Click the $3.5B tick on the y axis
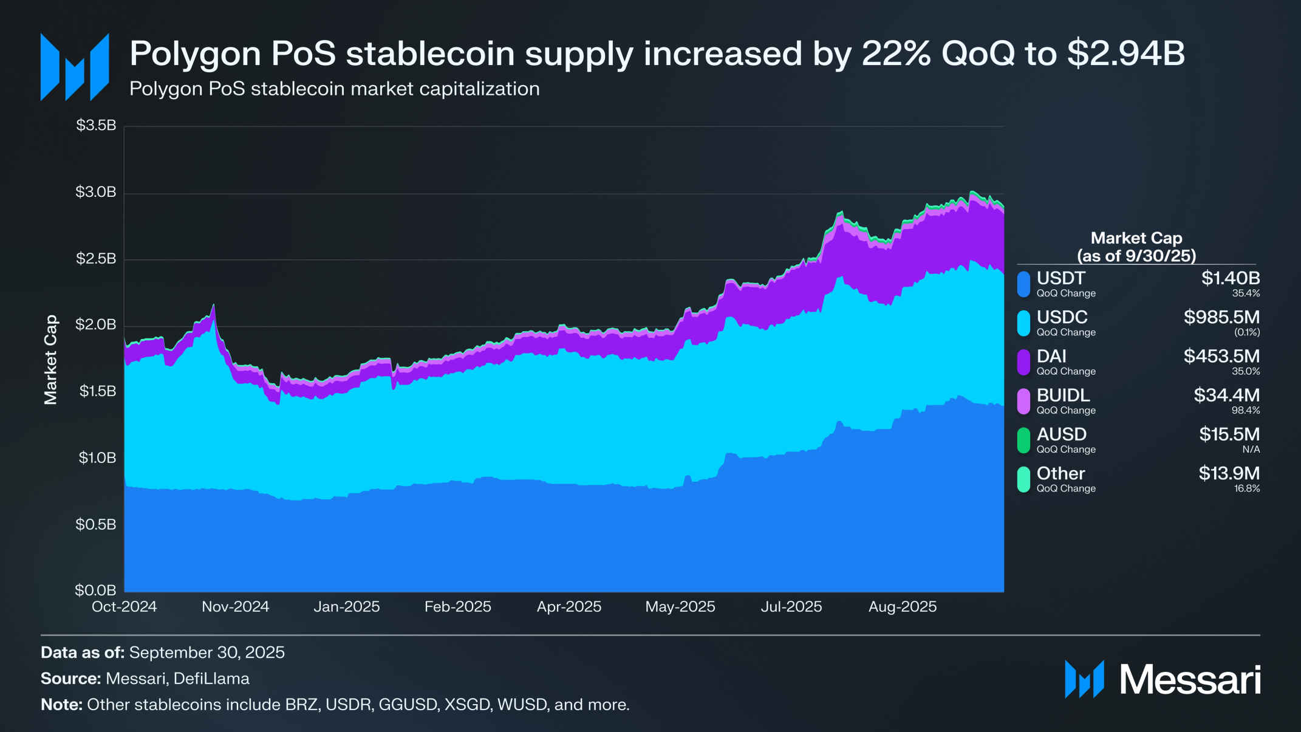pyautogui.click(x=96, y=126)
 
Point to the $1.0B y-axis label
pyautogui.click(x=97, y=457)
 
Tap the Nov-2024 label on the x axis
pyautogui.click(x=235, y=607)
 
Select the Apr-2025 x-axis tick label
pyautogui.click(x=569, y=607)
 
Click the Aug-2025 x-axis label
pyautogui.click(x=902, y=607)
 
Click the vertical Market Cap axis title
pyautogui.click(x=50, y=360)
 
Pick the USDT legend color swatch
pyautogui.click(x=1023, y=284)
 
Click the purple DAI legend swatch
pyautogui.click(x=1023, y=363)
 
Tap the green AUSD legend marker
pyautogui.click(x=1023, y=440)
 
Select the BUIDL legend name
pyautogui.click(x=1063, y=395)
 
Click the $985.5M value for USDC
pyautogui.click(x=1221, y=317)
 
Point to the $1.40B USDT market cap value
pyautogui.click(x=1231, y=278)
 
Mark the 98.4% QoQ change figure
pyautogui.click(x=1246, y=411)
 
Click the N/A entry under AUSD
pyautogui.click(x=1251, y=450)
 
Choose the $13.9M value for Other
pyautogui.click(x=1229, y=473)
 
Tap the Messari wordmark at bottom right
pyautogui.click(x=1190, y=679)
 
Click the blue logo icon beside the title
pyautogui.click(x=75, y=67)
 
